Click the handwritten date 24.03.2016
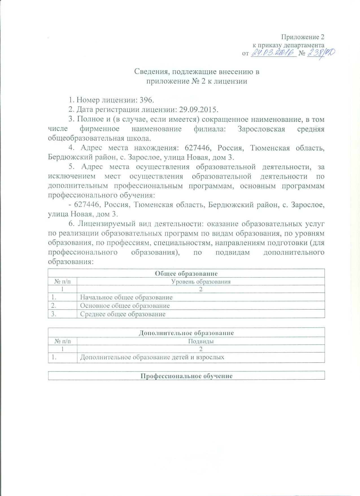tap(273, 53)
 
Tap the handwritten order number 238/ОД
tap(320, 53)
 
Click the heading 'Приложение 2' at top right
tap(303, 37)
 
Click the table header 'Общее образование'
tap(186, 273)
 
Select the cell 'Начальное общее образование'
tap(126, 297)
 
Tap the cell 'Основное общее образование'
tap(125, 306)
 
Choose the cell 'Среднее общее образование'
tap(123, 314)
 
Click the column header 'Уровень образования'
tap(201, 281)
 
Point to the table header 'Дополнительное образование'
tap(186, 333)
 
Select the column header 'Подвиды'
tap(201, 341)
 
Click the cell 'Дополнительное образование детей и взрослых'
tap(152, 357)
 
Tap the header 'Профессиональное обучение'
tap(186, 376)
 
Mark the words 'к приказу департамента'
tap(288, 45)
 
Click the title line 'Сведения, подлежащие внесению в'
tap(197, 72)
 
